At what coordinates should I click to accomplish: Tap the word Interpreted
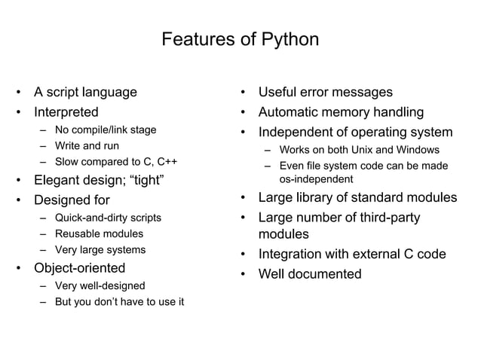66,113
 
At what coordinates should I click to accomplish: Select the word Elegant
59,180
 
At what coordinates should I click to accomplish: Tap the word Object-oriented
79,268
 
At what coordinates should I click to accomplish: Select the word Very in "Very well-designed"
66,286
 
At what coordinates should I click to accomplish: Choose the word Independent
298,133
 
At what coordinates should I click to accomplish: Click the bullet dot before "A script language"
17,93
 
